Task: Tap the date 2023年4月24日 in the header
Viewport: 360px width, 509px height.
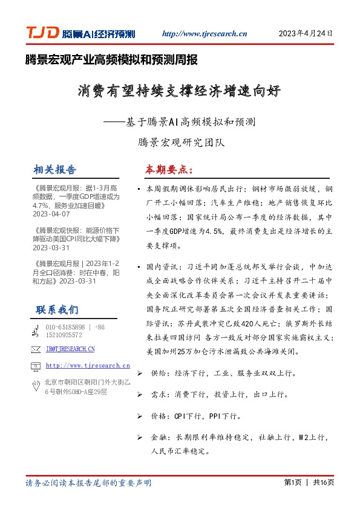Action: point(305,33)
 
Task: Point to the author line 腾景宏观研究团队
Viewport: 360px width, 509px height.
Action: point(179,143)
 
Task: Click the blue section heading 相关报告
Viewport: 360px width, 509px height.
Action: point(56,170)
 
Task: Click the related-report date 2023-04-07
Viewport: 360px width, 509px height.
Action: point(51,214)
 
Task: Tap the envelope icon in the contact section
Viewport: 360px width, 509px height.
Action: point(36,349)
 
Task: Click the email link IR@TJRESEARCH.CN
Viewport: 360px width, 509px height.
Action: point(70,349)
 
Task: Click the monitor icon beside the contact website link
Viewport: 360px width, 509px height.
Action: point(36,366)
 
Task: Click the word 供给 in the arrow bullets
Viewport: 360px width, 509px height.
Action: point(158,375)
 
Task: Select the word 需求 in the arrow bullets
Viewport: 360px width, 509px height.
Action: point(158,395)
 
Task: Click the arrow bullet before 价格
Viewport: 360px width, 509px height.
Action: point(140,416)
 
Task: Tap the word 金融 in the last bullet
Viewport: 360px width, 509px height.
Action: point(158,436)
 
